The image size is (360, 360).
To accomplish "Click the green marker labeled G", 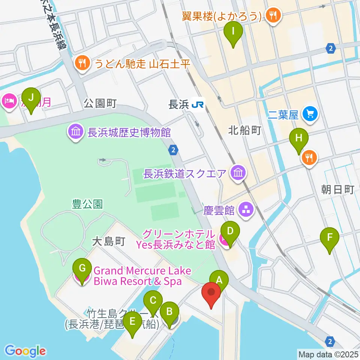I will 82,268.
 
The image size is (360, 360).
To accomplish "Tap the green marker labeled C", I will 153,301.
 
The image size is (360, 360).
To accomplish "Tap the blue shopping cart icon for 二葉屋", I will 310,113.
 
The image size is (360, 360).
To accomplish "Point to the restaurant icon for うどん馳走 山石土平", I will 82,63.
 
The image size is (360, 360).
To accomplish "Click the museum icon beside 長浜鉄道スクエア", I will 238,173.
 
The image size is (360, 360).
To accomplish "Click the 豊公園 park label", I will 87,204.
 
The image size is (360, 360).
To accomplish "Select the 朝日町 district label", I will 337,190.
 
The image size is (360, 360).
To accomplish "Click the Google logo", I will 25,351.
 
